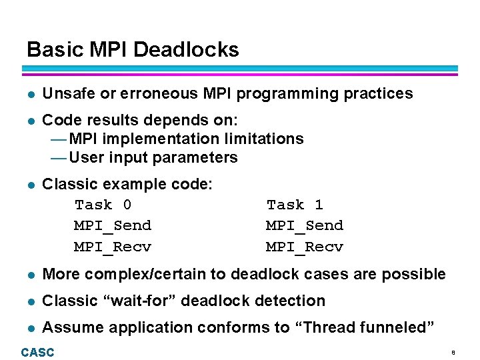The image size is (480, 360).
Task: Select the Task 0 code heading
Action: tap(103, 205)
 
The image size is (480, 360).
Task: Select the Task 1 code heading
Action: tap(295, 205)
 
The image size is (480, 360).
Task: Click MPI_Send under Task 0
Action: tap(112, 226)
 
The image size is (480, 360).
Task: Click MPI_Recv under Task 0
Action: tap(112, 247)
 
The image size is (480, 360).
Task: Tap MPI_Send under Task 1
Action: tap(304, 226)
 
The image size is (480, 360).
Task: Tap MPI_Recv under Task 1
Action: tap(304, 247)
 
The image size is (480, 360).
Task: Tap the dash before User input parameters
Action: tap(59, 158)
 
